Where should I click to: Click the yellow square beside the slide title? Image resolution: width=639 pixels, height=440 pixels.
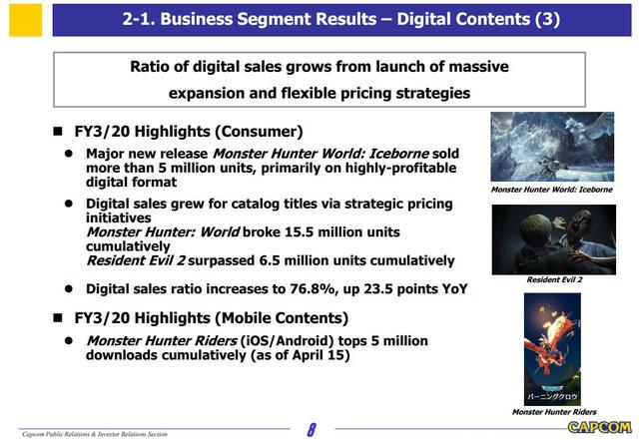pyautogui.click(x=25, y=20)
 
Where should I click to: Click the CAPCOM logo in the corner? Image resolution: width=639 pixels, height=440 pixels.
pyautogui.click(x=599, y=427)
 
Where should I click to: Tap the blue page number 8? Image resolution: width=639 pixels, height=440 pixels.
pyautogui.click(x=312, y=430)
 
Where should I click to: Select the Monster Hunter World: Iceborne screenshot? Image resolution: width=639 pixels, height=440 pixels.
pyautogui.click(x=552, y=147)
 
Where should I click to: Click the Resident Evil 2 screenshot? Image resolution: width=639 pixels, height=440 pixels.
pyautogui.click(x=554, y=239)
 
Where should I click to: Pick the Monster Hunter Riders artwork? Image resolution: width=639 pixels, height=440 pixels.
pyautogui.click(x=552, y=349)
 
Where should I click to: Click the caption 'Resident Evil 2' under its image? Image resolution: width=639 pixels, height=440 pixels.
pyautogui.click(x=554, y=280)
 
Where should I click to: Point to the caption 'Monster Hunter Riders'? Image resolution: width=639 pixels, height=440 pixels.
pyautogui.click(x=554, y=412)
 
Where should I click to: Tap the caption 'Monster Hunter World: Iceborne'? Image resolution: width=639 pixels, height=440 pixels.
pyautogui.click(x=552, y=190)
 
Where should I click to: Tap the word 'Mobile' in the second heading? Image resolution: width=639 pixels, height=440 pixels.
pyautogui.click(x=243, y=317)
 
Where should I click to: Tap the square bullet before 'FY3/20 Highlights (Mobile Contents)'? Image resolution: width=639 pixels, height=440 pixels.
pyautogui.click(x=58, y=317)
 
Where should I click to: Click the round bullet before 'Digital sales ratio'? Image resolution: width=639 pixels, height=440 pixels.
pyautogui.click(x=69, y=289)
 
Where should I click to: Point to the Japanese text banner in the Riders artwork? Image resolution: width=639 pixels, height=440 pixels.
pyautogui.click(x=552, y=396)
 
